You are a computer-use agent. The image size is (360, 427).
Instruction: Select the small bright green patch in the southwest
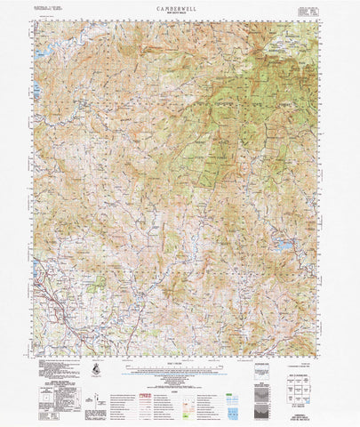tap(97, 282)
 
